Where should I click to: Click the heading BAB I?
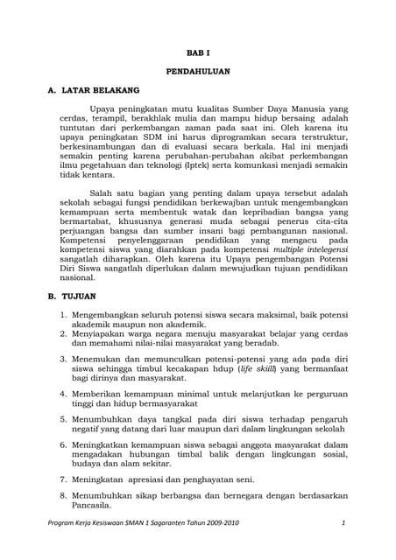tap(197, 52)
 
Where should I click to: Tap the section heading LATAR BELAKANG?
tap(104, 90)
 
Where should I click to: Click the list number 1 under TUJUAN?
tap(63, 312)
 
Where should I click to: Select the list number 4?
tap(63, 394)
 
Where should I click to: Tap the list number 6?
tap(63, 445)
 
